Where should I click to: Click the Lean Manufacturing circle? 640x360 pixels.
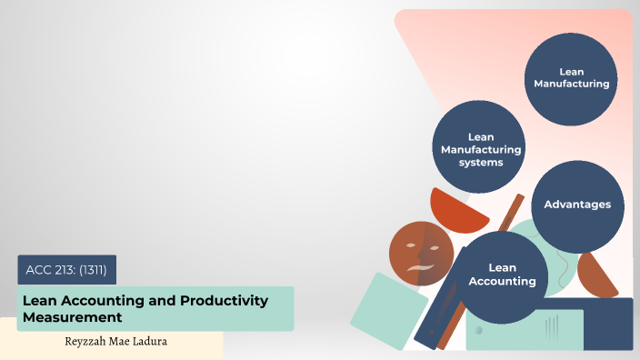571,77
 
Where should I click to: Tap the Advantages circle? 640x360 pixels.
577,205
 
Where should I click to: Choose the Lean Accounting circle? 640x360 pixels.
502,275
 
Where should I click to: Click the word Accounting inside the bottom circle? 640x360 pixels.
502,281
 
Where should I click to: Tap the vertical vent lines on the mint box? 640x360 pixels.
550,325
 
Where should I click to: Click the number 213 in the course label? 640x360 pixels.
70,269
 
